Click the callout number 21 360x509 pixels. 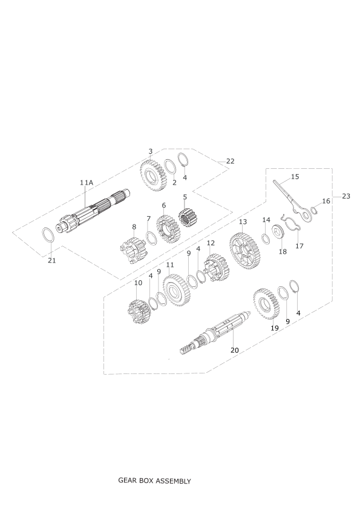tap(52, 260)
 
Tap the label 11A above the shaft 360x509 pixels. tap(87, 183)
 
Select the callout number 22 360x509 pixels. tap(230, 161)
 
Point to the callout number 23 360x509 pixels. tap(346, 196)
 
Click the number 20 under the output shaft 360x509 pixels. tap(234, 350)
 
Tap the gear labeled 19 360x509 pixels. tap(266, 304)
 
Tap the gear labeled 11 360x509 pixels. tap(177, 291)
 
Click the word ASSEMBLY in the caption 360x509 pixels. tap(173, 481)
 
